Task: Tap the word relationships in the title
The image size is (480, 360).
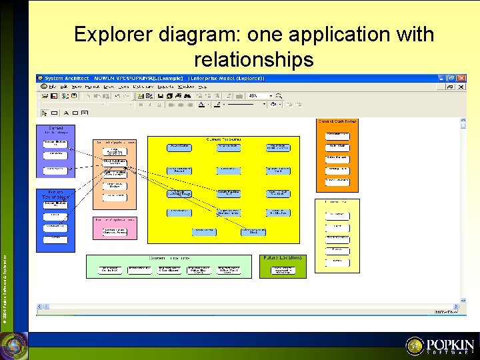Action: (x=253, y=60)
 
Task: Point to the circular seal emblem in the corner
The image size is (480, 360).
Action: (x=14, y=346)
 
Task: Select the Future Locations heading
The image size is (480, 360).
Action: (x=283, y=257)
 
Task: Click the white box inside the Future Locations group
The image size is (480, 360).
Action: (x=283, y=270)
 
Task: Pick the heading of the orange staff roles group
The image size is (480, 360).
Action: (x=337, y=121)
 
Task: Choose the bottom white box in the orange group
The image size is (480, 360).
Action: (x=337, y=180)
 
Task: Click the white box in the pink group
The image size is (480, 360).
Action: (x=115, y=231)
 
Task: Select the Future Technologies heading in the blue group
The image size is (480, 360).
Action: (x=55, y=195)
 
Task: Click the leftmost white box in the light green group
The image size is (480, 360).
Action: (x=110, y=269)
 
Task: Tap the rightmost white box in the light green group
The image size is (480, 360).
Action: (x=229, y=269)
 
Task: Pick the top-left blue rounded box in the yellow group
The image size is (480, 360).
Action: (x=179, y=147)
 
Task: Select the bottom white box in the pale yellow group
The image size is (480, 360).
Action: (x=337, y=261)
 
